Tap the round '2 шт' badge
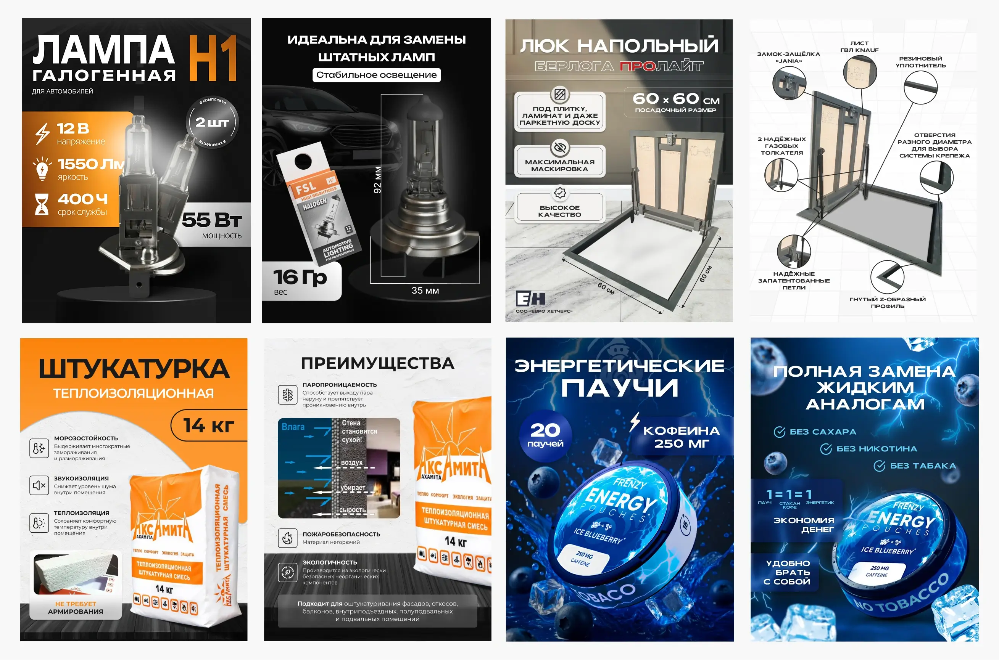point(212,122)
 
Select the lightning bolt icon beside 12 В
point(42,133)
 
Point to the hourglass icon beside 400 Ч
point(42,204)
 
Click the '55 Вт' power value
point(211,220)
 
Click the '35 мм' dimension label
point(425,291)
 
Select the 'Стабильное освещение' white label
point(376,75)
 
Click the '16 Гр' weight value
point(300,278)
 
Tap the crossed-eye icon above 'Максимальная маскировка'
point(560,148)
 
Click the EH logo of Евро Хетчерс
point(531,299)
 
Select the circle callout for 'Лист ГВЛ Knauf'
point(860,72)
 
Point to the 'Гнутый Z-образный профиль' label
point(888,302)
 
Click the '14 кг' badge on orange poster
point(209,425)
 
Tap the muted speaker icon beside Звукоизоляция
point(39,485)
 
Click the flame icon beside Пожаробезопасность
point(288,538)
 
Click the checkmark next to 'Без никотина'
point(825,449)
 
